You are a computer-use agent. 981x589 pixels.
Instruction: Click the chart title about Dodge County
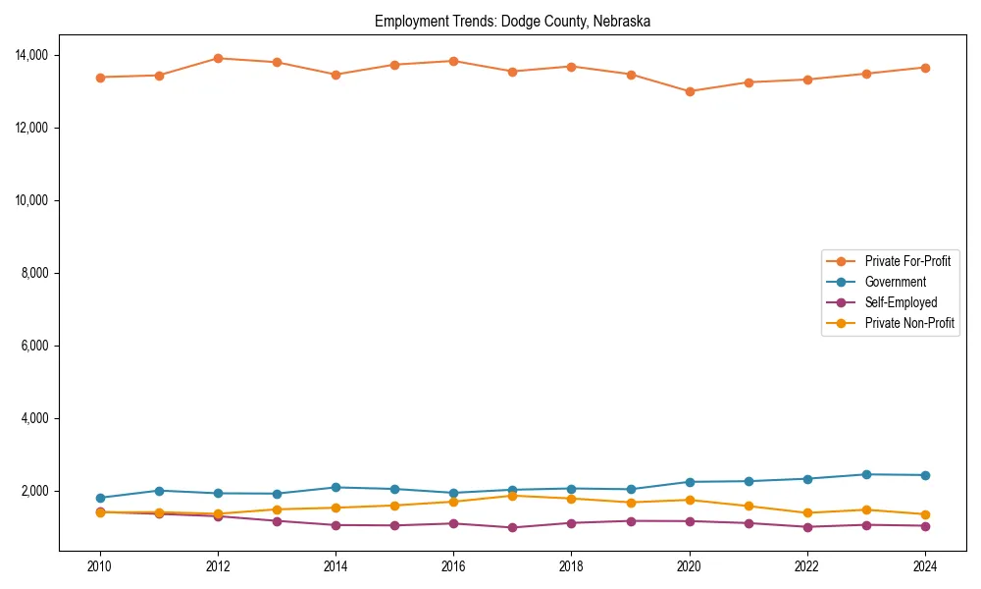(x=512, y=21)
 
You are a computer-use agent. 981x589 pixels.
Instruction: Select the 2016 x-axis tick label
(x=453, y=566)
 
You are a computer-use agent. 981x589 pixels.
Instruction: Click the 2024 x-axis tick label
(x=925, y=566)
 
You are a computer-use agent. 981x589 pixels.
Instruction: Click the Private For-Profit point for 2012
(x=218, y=58)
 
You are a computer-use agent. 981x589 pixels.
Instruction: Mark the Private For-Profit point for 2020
(x=690, y=91)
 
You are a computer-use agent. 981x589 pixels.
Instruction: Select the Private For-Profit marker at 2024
(x=925, y=68)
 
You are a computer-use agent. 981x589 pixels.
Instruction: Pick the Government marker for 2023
(x=866, y=474)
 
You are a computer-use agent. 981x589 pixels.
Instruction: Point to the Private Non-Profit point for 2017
(x=512, y=496)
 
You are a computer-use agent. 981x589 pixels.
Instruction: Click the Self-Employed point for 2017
(x=512, y=527)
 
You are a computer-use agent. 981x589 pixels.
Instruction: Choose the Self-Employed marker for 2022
(x=807, y=527)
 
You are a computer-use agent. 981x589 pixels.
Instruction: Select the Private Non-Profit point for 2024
(x=925, y=514)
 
